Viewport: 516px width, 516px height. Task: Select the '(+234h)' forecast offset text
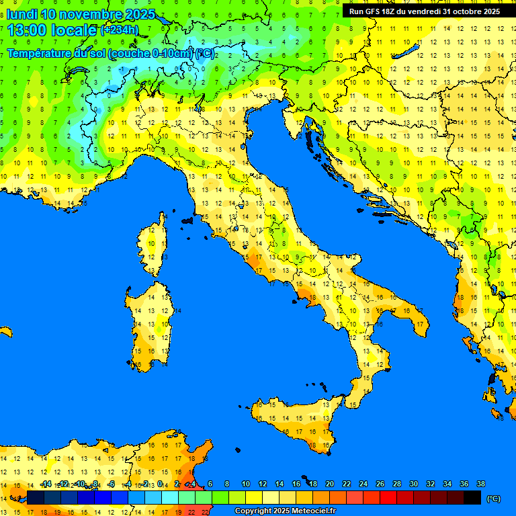tap(119, 30)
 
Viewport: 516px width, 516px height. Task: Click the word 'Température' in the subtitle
tap(39, 54)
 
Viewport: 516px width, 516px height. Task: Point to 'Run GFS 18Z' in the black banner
tap(374, 11)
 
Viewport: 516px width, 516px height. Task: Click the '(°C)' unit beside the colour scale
tap(493, 499)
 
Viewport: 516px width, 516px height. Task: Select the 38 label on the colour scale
tap(480, 484)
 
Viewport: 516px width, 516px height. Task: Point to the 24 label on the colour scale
tap(363, 484)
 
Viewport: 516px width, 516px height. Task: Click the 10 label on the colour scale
tap(246, 484)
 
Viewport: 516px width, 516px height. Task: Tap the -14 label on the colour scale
tap(46, 484)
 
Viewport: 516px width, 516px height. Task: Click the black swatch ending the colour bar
tap(472, 497)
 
